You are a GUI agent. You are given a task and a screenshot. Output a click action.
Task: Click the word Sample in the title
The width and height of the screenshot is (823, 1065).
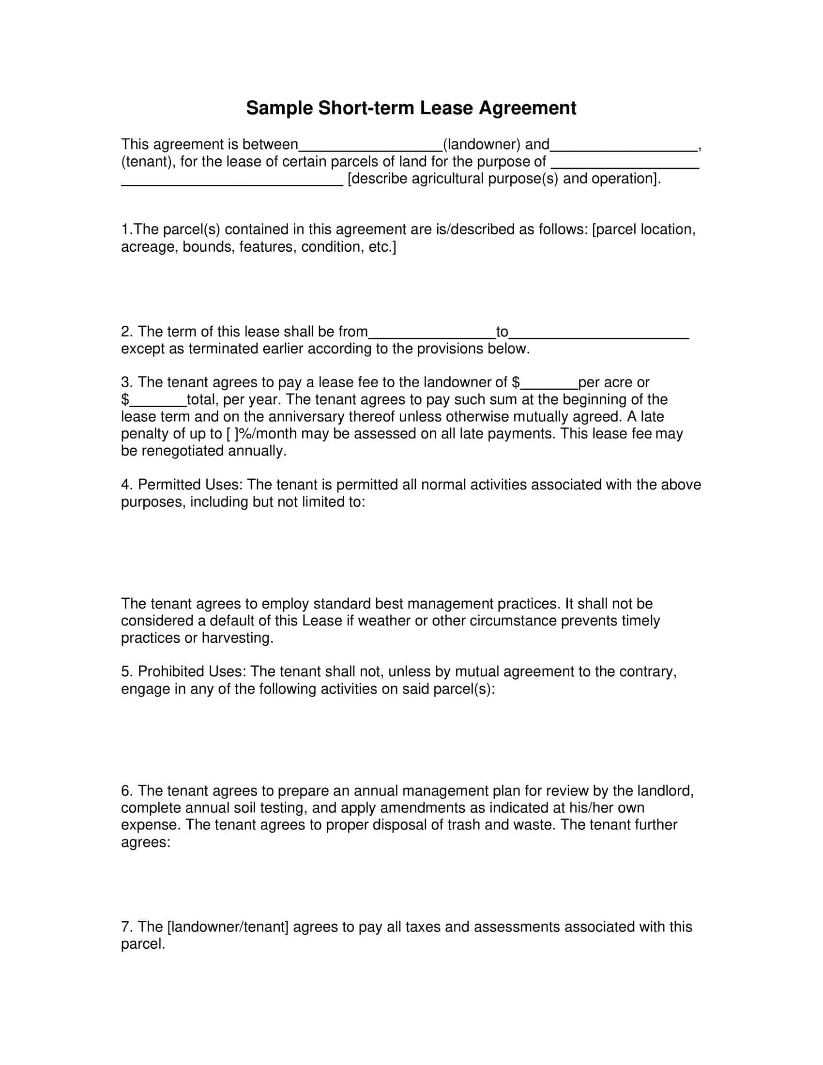click(x=279, y=108)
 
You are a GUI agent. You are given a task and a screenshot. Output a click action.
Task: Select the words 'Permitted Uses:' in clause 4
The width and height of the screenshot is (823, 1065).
click(x=190, y=485)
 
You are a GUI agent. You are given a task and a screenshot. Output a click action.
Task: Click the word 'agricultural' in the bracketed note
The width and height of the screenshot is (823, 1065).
click(x=448, y=179)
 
